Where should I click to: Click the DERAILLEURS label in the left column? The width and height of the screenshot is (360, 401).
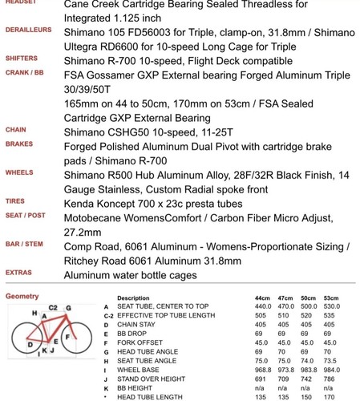click(28, 30)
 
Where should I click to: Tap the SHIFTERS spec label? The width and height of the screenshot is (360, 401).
click(22, 59)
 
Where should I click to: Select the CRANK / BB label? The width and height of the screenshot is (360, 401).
click(25, 72)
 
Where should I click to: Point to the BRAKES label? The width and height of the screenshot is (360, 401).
click(19, 144)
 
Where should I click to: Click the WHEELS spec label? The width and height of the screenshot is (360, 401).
click(19, 172)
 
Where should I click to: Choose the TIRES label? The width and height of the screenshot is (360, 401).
click(15, 201)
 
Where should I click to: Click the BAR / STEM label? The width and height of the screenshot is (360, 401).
click(24, 244)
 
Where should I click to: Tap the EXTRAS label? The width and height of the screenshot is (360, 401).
click(18, 273)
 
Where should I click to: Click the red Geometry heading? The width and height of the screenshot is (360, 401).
click(22, 296)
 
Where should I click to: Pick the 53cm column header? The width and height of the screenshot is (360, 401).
click(331, 298)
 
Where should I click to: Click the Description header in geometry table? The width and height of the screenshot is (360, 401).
click(132, 298)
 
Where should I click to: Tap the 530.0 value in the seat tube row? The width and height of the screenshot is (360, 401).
click(331, 306)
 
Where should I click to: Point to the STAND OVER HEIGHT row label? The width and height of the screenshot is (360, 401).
click(152, 378)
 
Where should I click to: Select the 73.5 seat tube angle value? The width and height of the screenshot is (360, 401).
click(331, 360)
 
